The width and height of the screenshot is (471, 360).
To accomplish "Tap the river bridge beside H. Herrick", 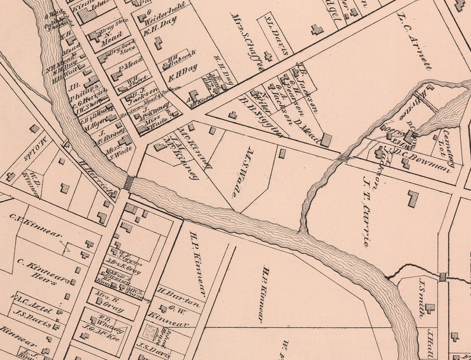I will coord(128,182).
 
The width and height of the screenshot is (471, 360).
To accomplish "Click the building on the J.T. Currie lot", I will coord(412,198).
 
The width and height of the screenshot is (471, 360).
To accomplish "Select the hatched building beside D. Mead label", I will coord(326,141).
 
